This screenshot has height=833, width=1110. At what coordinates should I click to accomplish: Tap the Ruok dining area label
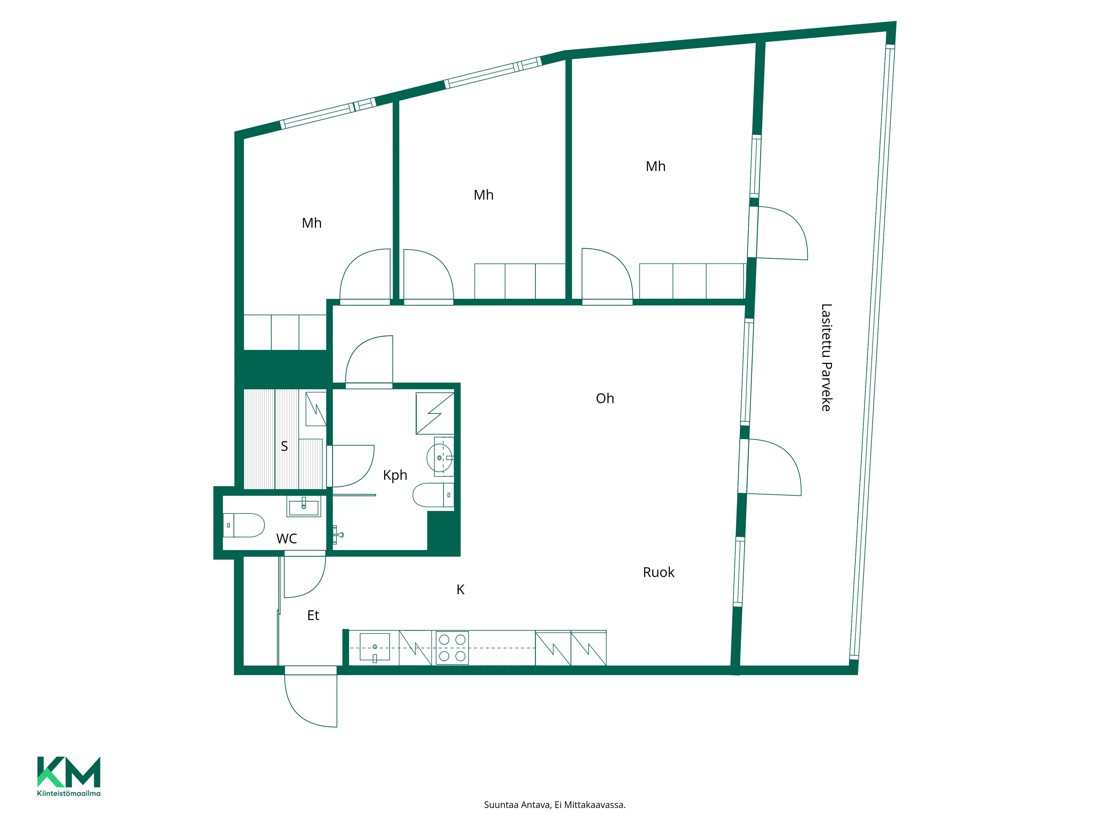point(659,572)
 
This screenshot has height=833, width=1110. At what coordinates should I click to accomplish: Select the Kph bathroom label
point(395,475)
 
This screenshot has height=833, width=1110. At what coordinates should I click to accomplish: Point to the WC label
point(287,539)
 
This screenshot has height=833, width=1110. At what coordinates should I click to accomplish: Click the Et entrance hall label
point(313,616)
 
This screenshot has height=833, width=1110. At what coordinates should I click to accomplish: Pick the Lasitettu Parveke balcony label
point(826,358)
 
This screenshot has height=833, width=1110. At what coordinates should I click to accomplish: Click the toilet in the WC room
point(243,525)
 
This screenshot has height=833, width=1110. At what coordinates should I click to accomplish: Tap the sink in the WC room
point(304,506)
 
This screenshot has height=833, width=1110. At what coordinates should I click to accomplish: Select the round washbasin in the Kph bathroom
point(440,457)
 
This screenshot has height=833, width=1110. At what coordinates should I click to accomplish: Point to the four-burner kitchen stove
point(452,648)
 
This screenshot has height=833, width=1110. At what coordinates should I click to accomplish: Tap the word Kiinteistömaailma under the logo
point(69,793)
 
